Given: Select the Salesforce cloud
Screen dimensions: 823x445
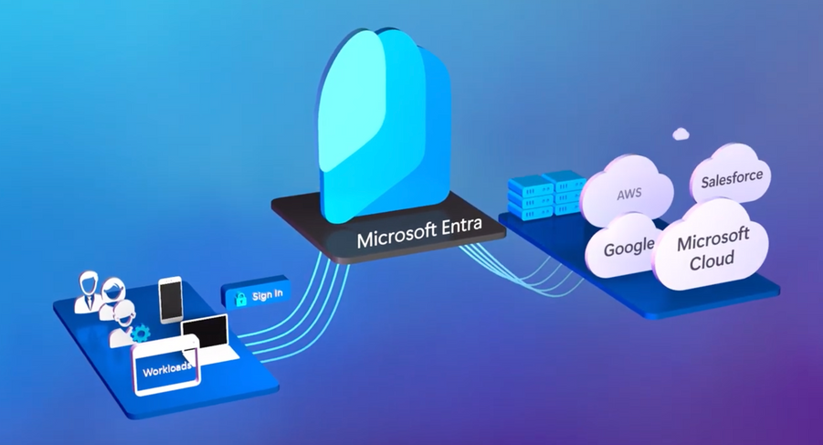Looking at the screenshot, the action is tap(731, 175).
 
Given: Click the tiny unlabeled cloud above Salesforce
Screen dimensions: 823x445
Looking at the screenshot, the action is tap(681, 133).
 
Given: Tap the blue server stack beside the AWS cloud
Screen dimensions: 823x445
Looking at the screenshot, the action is tap(545, 194).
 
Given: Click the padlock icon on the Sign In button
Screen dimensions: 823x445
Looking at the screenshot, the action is tap(240, 299).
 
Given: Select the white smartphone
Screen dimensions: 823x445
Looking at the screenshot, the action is tap(171, 300).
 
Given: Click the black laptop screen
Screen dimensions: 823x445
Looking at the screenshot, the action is tap(205, 333).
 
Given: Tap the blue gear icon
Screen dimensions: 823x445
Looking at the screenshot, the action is tap(140, 333).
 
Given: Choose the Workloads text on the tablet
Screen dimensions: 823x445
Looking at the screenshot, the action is tap(167, 368).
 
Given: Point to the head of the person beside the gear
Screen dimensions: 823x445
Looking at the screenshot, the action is tap(125, 312).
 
